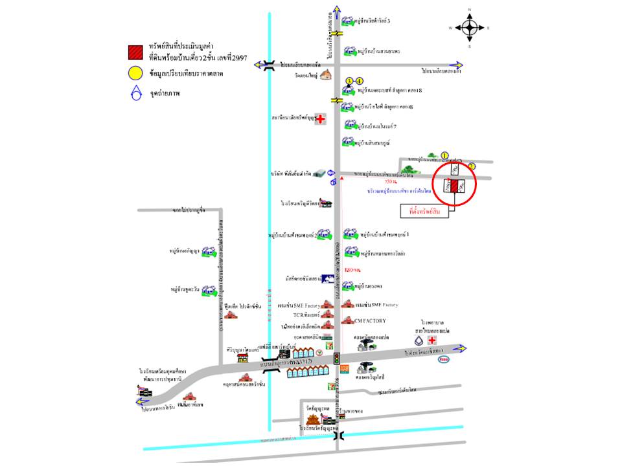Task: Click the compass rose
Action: point(470,27)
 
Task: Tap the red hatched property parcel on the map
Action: point(454,186)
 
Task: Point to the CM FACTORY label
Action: point(370,321)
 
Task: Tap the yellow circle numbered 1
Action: point(444,155)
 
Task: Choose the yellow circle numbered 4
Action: point(360,81)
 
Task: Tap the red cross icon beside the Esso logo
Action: point(432,339)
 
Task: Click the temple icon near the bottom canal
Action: point(312,422)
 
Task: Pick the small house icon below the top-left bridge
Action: point(325,75)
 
